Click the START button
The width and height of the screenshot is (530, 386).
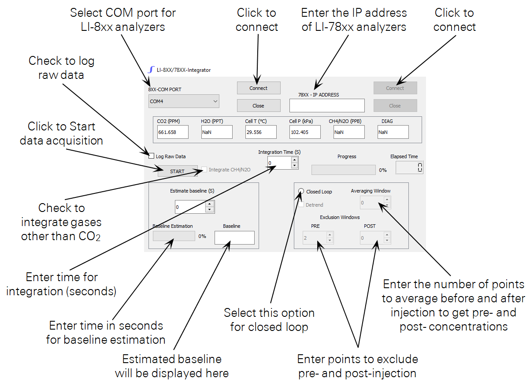point(177,171)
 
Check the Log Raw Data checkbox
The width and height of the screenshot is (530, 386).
point(152,156)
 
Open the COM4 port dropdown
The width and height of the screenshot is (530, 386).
point(184,101)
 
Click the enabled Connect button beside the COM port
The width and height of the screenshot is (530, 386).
point(258,88)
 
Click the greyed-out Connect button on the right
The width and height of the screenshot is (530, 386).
point(395,88)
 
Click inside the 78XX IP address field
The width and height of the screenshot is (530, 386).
point(327,106)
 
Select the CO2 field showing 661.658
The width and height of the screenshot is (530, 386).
point(173,132)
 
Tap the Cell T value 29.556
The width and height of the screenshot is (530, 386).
point(261,132)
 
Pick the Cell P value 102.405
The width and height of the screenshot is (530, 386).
point(305,132)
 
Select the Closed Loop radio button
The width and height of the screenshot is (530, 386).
point(301,192)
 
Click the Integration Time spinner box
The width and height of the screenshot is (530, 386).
point(279,163)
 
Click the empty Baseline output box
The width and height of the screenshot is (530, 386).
point(234,238)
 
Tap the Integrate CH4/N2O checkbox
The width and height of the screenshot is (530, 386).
point(204,170)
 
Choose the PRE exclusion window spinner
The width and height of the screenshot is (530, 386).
point(315,238)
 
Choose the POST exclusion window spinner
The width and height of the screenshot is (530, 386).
point(372,238)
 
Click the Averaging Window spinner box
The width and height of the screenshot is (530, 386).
point(372,203)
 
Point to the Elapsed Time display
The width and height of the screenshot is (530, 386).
point(409,167)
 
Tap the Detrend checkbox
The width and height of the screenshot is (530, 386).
point(301,205)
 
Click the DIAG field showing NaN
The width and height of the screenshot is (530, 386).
point(393,132)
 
